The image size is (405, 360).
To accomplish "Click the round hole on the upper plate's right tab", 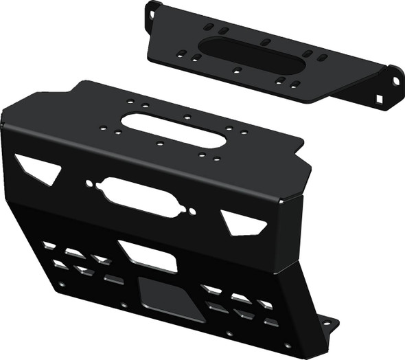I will click(395, 81).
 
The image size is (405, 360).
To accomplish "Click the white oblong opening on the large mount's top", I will click(174, 129).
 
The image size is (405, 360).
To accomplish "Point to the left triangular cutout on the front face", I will click(39, 168).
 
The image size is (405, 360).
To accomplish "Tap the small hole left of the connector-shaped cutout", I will click(89, 183).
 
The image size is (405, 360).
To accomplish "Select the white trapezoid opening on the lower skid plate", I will click(148, 255).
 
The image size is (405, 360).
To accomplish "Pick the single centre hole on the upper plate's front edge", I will click(236, 70).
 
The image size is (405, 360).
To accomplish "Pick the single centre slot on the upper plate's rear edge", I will click(264, 42).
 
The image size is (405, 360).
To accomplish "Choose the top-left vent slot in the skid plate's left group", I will click(49, 245).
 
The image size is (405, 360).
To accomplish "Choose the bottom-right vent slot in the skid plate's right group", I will click(270, 322).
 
